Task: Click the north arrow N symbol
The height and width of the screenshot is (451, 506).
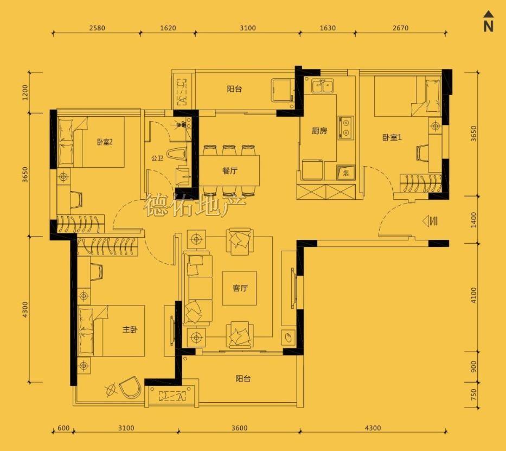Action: coord(489,22)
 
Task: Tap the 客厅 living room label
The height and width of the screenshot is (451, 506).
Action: coord(240,288)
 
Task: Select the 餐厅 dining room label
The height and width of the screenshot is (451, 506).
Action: coord(230,170)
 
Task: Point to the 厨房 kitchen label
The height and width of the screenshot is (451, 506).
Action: coord(319,131)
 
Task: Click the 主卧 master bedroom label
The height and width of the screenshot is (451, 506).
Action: coord(130,329)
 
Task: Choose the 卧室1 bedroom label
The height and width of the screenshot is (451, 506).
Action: coord(392,137)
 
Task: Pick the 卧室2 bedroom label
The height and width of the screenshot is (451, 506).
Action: coord(105,142)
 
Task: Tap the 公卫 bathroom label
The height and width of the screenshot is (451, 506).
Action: coord(157,158)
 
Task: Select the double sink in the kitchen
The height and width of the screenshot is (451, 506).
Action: coord(323,86)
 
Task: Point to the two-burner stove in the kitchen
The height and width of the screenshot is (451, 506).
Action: coord(345,128)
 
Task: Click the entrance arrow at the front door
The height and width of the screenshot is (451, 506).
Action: coord(430,221)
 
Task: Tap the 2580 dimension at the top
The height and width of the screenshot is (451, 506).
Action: coord(97,28)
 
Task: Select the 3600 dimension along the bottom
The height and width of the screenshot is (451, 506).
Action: coord(240,428)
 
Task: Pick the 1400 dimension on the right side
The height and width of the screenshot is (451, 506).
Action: coord(473,219)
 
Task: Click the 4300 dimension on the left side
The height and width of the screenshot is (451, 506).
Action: coord(25,309)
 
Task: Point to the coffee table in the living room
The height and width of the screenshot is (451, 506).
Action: coord(240,288)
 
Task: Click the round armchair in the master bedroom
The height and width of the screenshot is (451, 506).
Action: coord(130,386)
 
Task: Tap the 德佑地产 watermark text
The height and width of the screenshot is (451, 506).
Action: coord(195,205)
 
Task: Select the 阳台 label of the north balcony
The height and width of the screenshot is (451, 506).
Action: coord(234,89)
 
